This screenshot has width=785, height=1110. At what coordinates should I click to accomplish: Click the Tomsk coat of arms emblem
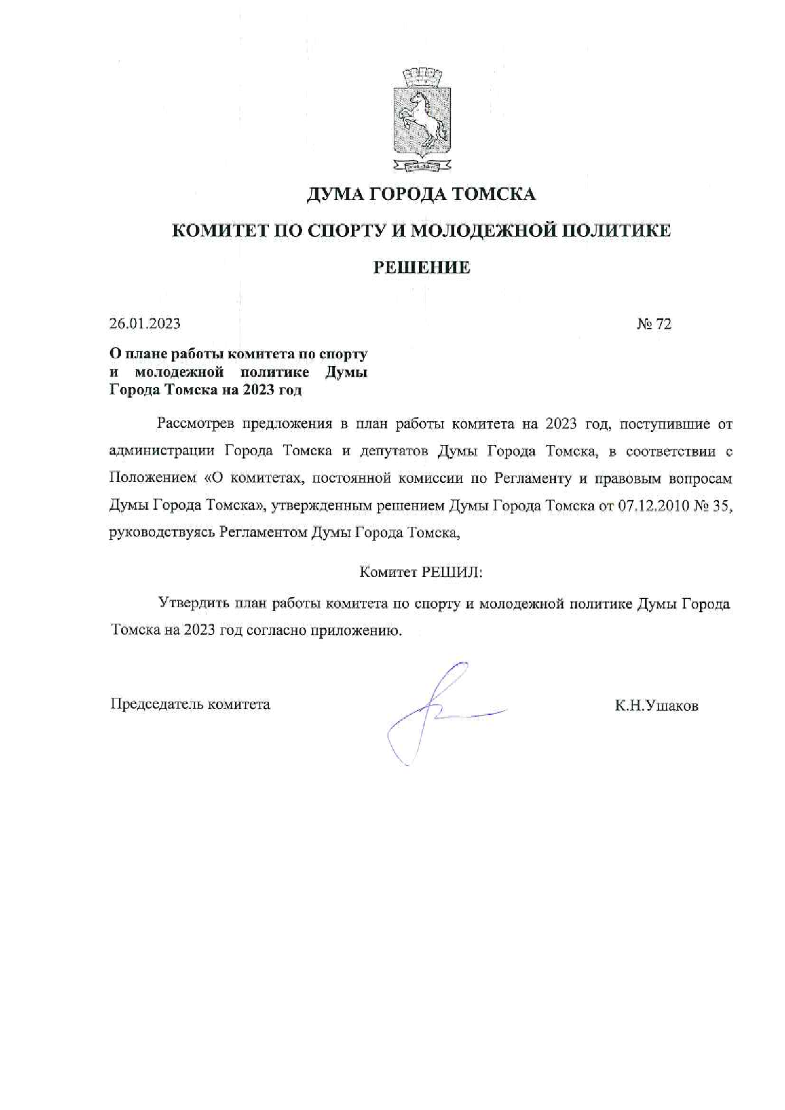pos(422,121)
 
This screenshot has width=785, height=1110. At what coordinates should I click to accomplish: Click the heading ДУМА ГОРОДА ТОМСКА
pos(421,194)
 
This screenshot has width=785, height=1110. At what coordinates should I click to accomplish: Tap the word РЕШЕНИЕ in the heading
pos(421,267)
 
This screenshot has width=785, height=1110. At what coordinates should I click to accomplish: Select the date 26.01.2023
pos(145,324)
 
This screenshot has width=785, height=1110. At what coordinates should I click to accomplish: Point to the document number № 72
pos(654,324)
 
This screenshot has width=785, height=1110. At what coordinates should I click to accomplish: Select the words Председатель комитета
pos(191,704)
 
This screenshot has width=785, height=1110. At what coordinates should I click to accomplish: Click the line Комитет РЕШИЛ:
pos(421,572)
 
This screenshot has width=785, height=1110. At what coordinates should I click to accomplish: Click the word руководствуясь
pos(162,533)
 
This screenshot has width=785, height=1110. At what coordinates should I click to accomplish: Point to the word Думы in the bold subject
pos(346,372)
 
